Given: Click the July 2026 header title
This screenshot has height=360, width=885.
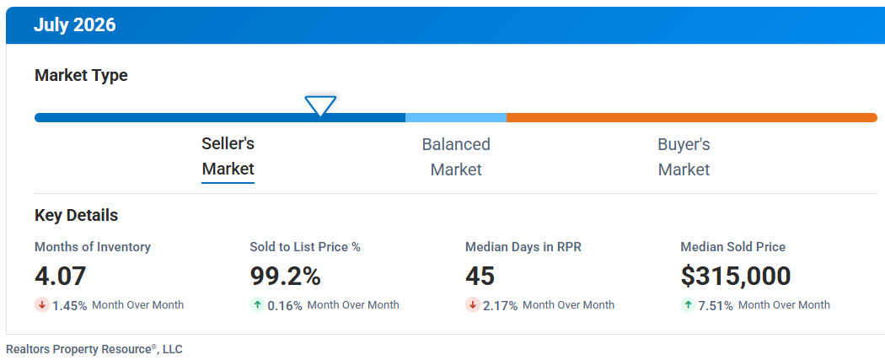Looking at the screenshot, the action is [74, 25].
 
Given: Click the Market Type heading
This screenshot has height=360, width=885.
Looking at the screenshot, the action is [81, 76].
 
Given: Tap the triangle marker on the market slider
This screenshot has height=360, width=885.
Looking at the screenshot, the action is [320, 105].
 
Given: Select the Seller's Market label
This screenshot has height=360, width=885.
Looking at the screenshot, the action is [228, 156].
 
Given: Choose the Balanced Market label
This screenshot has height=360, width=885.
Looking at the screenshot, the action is [456, 157].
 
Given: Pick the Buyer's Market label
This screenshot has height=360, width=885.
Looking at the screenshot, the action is [684, 157].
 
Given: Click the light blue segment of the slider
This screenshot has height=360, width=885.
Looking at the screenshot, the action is [456, 117].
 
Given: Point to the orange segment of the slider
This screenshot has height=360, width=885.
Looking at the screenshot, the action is [692, 117].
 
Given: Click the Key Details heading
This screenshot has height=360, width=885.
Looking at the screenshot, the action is [76, 216].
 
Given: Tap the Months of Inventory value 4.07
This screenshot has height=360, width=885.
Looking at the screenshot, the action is [61, 277].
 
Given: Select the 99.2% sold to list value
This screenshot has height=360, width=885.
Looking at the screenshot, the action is [286, 277].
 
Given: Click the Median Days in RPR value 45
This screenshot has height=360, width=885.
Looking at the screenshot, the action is [480, 277].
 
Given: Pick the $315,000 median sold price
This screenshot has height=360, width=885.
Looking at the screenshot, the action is [736, 277].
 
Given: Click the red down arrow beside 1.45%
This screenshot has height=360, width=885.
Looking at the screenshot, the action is [42, 305].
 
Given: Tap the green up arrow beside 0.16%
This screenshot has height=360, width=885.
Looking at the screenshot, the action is [257, 305].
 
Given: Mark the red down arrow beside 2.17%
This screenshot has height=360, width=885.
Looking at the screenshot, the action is [473, 305].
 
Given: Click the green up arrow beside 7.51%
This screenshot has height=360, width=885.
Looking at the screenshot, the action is [688, 305].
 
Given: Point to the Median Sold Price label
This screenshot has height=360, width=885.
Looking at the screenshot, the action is [733, 246].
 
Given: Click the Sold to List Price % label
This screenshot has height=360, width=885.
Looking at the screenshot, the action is [305, 246].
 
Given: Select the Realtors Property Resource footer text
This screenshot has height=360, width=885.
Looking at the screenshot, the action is [94, 349].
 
